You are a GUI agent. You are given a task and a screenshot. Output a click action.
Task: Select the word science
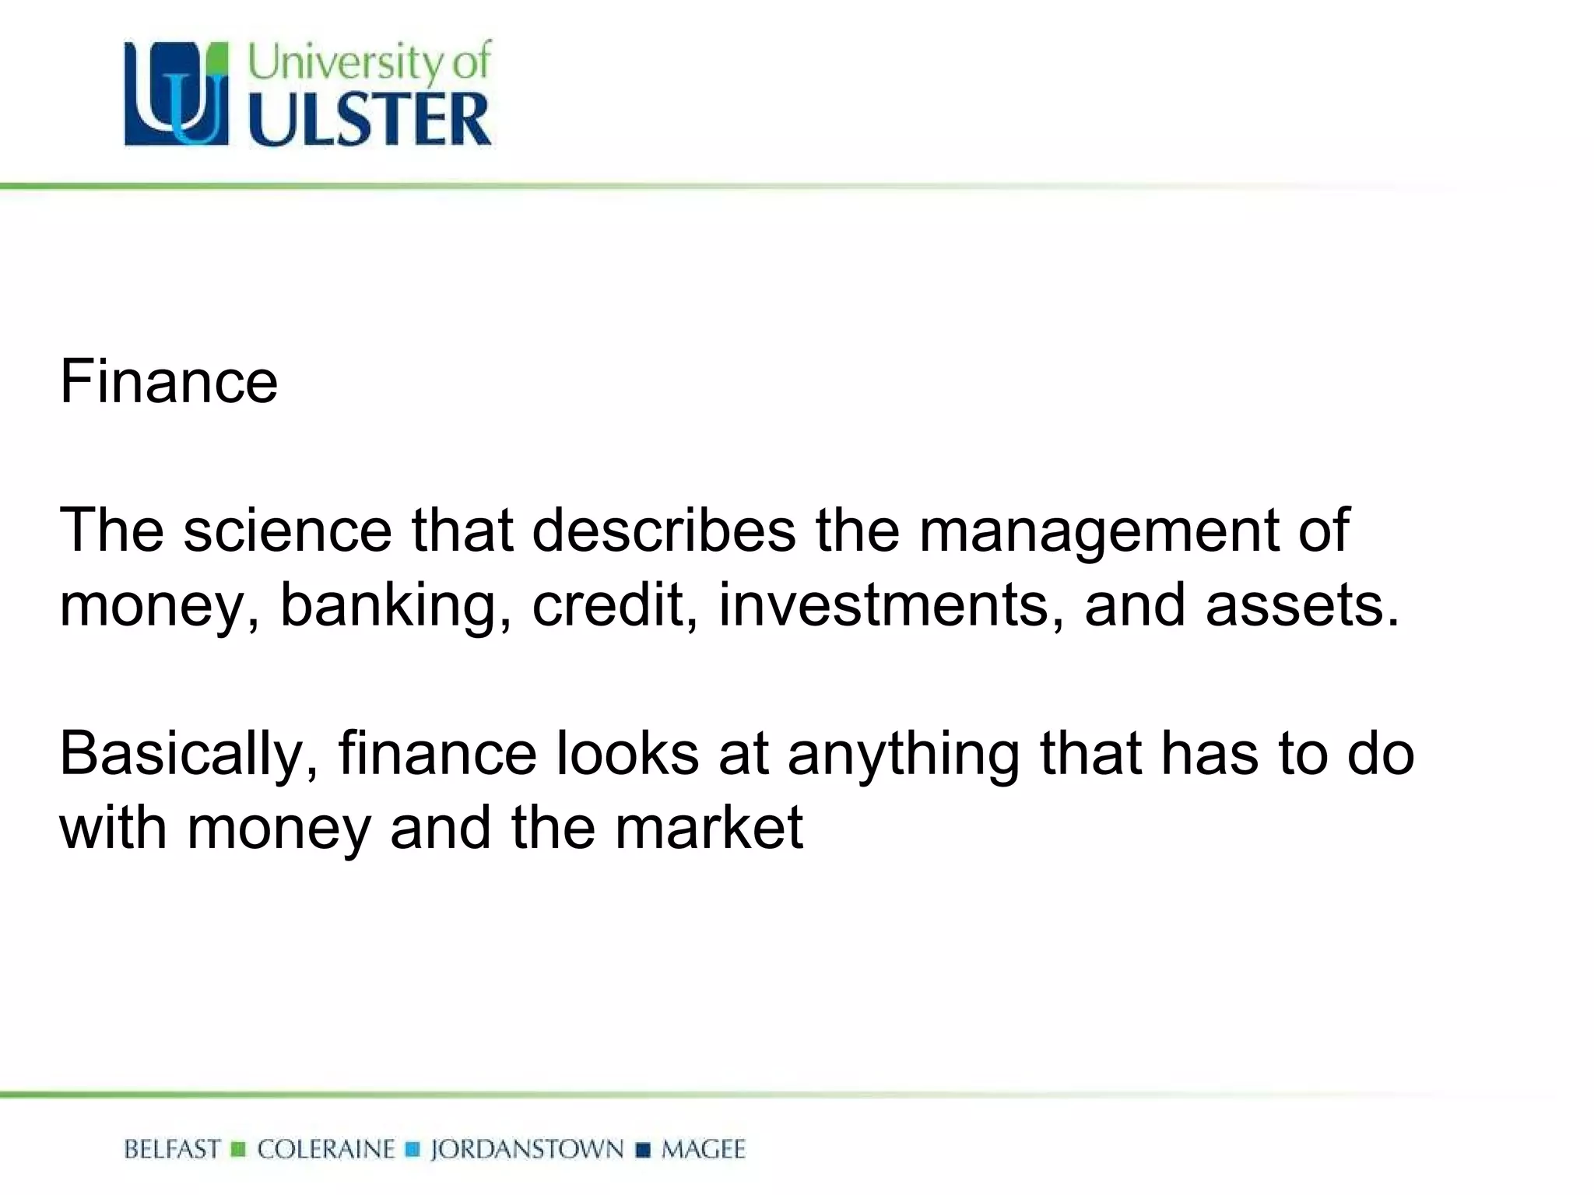(x=287, y=531)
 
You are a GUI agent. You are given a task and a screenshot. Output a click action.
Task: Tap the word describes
(x=664, y=531)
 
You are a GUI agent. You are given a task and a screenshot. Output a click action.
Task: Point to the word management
(x=1099, y=532)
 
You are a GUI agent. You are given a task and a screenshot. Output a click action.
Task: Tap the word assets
(x=1301, y=606)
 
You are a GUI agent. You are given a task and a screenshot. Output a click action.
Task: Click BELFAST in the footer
(x=172, y=1149)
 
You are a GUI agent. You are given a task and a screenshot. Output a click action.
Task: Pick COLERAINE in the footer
(x=326, y=1149)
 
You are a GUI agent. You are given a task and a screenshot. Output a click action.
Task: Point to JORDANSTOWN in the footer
(x=527, y=1149)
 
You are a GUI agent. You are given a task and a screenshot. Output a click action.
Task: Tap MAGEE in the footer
(x=704, y=1149)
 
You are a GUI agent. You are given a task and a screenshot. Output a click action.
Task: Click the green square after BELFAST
(x=239, y=1150)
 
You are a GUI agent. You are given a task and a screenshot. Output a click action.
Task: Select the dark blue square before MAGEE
(x=643, y=1150)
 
